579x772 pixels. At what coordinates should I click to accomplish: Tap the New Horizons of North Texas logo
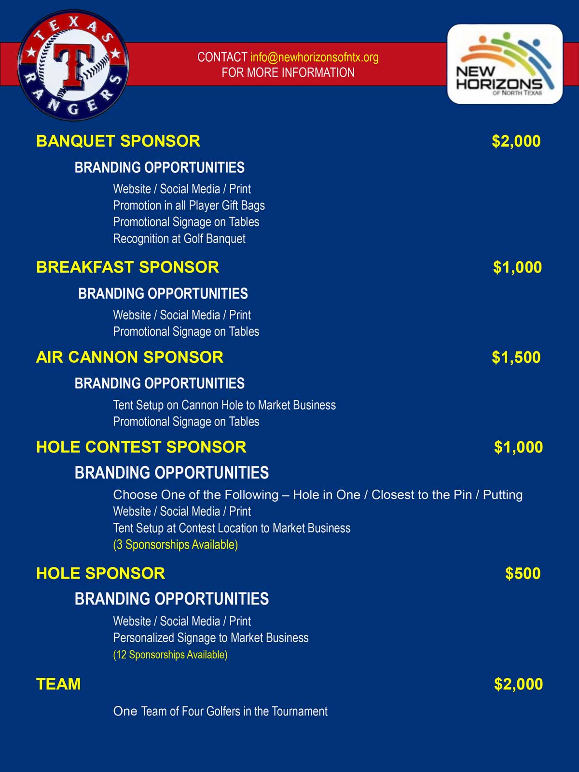[x=505, y=64]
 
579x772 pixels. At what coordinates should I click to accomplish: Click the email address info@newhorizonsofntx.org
[x=314, y=57]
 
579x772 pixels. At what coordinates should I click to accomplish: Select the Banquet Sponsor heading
[x=118, y=141]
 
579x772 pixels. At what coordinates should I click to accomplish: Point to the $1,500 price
[x=516, y=357]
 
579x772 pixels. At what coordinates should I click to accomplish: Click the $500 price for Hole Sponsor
[x=523, y=573]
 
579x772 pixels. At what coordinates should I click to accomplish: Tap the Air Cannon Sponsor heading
[x=130, y=357]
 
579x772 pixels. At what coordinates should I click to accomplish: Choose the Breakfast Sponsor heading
[x=127, y=267]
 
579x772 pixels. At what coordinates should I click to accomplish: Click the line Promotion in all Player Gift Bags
[x=189, y=206]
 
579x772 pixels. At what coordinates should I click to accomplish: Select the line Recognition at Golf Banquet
[x=179, y=238]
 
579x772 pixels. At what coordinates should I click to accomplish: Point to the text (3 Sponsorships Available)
[x=175, y=545]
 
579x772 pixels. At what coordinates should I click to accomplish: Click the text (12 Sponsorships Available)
[x=170, y=655]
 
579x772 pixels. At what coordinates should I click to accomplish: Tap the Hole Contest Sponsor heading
[x=141, y=447]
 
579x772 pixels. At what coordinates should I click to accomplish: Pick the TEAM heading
[x=58, y=684]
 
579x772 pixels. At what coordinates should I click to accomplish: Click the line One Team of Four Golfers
[x=220, y=711]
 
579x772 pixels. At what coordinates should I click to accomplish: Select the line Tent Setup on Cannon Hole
[x=224, y=405]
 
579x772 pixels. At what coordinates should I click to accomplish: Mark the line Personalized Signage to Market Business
[x=210, y=638]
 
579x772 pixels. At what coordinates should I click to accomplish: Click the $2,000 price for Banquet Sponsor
[x=516, y=141]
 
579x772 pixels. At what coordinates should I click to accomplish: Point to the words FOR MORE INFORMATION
[x=288, y=73]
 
